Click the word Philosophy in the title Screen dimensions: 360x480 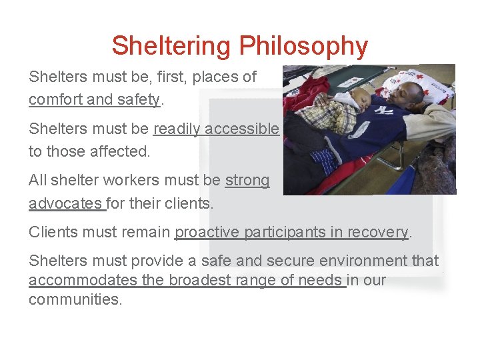(x=303, y=47)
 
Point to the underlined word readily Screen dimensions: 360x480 (x=177, y=129)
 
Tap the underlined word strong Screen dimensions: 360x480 (x=247, y=181)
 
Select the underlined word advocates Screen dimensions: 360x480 (x=65, y=203)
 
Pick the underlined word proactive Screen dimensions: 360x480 (x=207, y=232)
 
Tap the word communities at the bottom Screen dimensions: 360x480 (x=75, y=299)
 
